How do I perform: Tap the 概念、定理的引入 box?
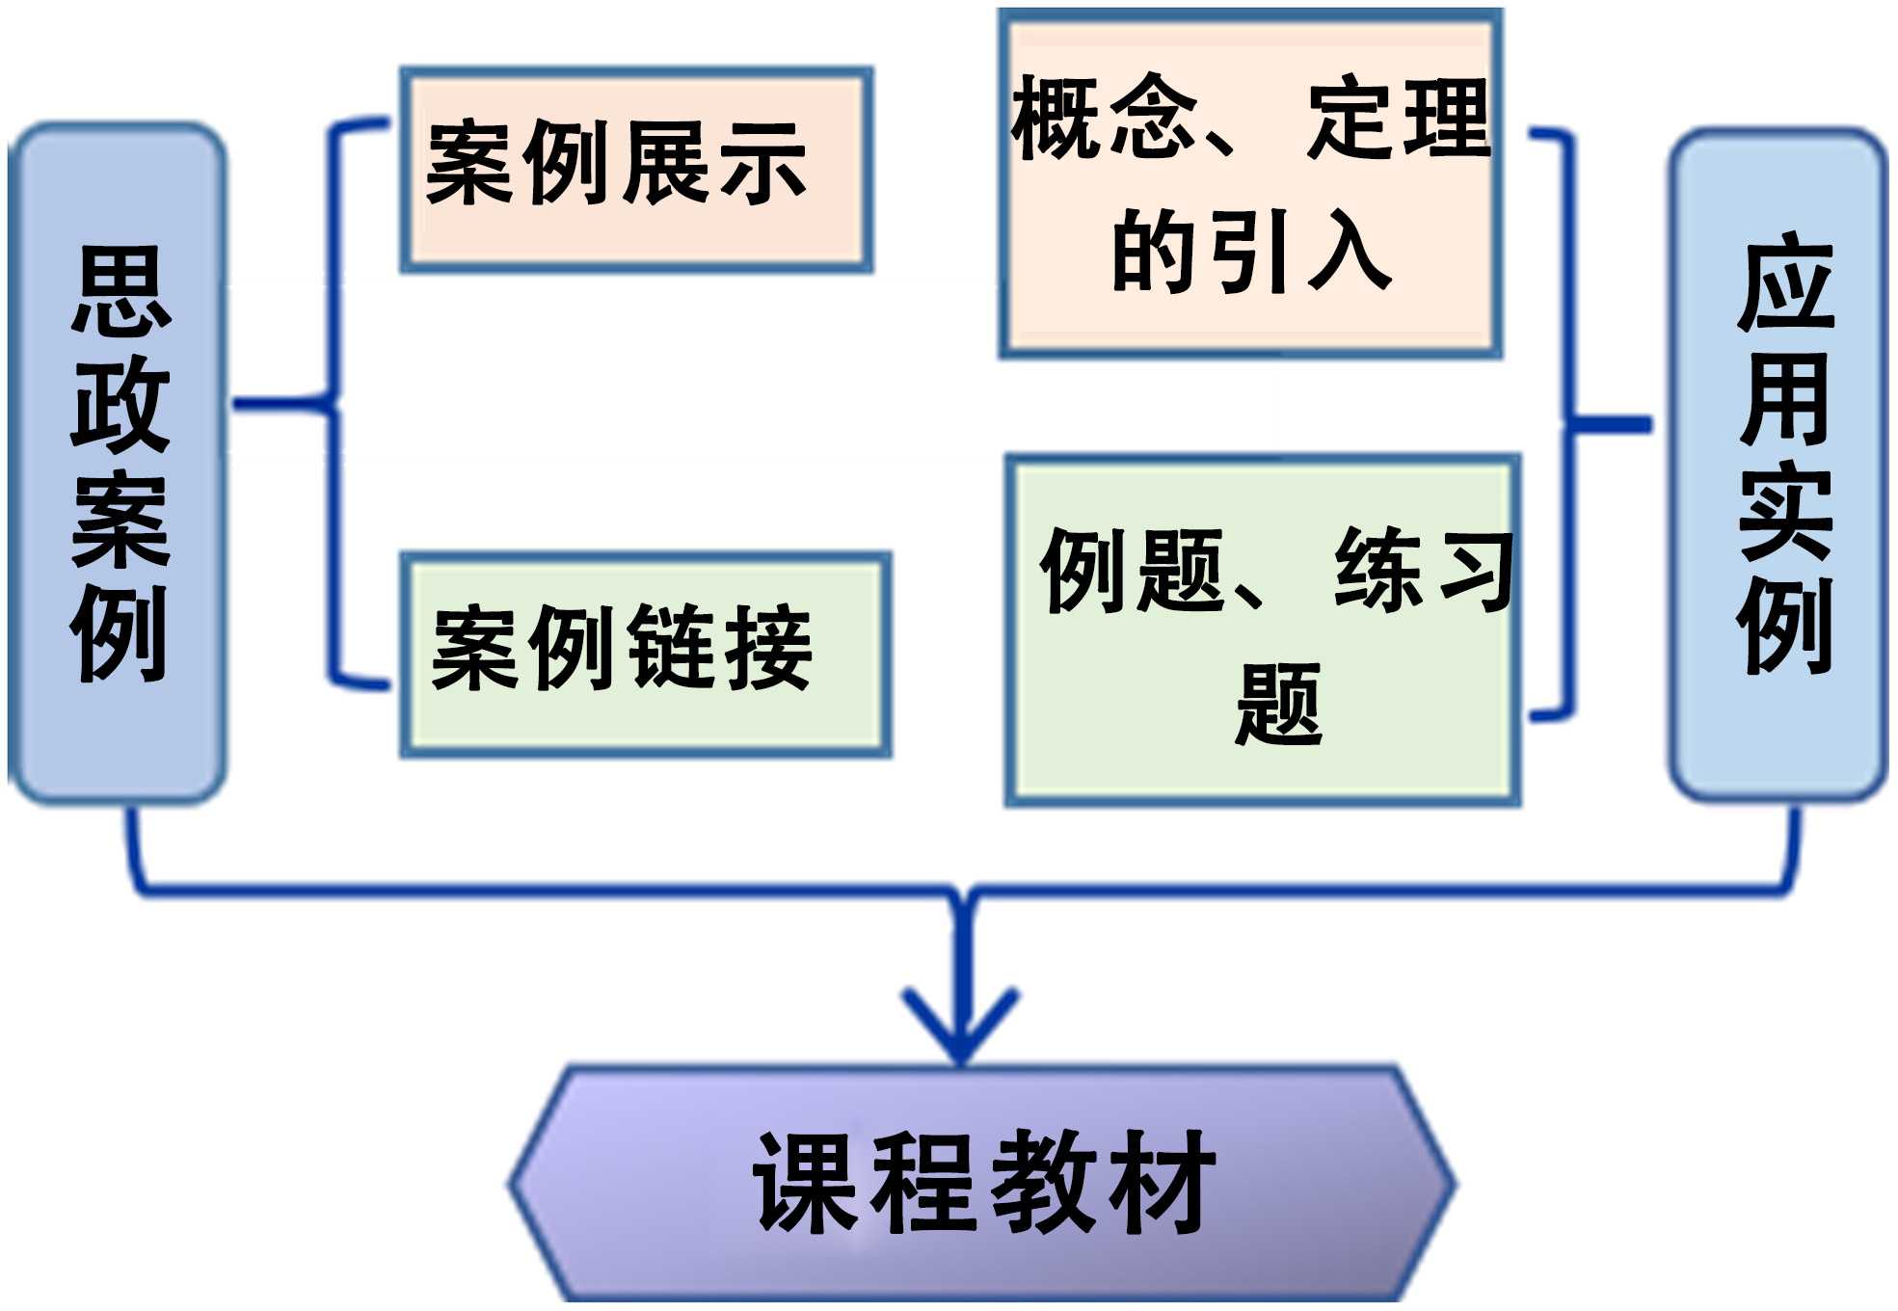click(x=1250, y=183)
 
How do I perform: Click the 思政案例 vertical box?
click(x=118, y=463)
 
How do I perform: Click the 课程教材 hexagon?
click(x=981, y=1184)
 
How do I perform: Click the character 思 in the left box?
click(x=120, y=290)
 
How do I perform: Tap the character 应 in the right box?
click(x=1785, y=283)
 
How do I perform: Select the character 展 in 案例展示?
click(x=664, y=164)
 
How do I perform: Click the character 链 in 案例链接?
click(x=672, y=648)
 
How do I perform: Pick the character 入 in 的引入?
click(x=1349, y=252)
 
